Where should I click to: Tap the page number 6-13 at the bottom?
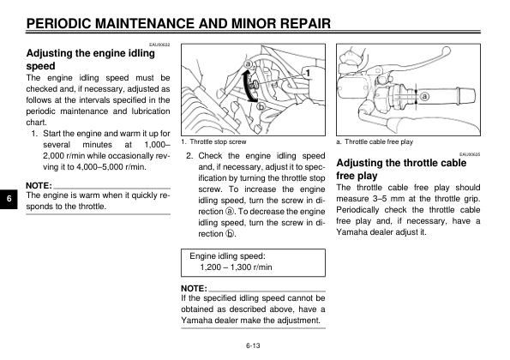click(x=253, y=345)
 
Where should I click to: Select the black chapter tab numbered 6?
click(x=9, y=198)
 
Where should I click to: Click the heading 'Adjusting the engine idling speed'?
click(x=90, y=59)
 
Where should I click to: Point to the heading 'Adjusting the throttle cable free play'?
click(x=401, y=169)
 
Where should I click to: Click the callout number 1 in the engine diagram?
click(x=309, y=73)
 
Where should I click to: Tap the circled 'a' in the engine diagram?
click(x=249, y=64)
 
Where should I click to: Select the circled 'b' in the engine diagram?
click(x=261, y=106)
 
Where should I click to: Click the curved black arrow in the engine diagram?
click(x=246, y=86)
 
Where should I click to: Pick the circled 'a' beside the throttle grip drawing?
click(x=425, y=97)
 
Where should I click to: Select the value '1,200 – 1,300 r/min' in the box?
click(x=236, y=267)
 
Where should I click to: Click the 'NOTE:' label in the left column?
click(x=39, y=186)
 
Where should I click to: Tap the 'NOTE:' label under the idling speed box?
click(x=194, y=289)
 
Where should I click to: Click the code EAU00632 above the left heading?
click(x=159, y=45)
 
